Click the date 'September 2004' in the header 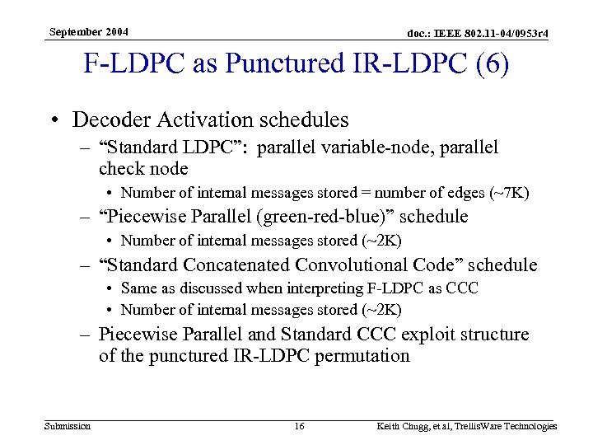(88, 31)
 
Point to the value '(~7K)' (510, 193)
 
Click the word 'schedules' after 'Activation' (301, 119)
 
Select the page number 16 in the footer (299, 426)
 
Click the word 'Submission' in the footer (68, 426)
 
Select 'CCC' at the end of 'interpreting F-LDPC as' (463, 288)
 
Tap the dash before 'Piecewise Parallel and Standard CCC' (86, 335)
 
